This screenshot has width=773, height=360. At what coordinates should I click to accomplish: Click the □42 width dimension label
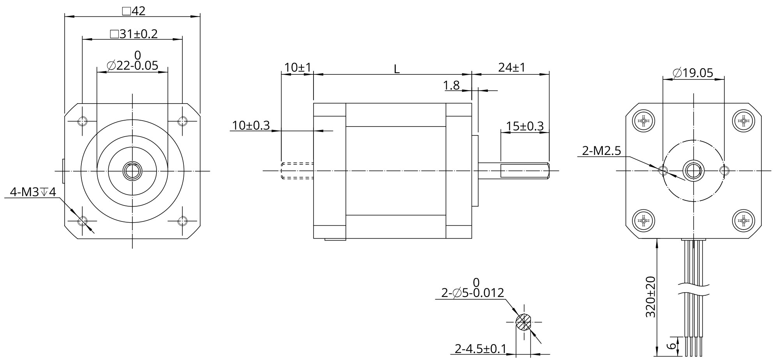tap(134, 11)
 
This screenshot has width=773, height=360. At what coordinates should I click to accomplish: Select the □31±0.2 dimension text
tap(134, 34)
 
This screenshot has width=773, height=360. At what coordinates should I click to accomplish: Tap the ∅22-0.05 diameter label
tap(132, 65)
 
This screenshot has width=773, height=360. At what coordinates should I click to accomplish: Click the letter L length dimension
tap(396, 69)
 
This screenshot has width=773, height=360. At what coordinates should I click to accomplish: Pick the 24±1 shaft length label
tap(512, 68)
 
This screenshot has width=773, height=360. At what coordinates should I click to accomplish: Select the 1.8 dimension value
tap(452, 85)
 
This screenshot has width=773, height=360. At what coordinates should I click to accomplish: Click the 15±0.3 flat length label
tap(525, 126)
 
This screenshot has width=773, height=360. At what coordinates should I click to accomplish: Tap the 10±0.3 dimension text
tap(251, 125)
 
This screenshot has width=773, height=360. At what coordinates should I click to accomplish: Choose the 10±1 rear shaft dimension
tap(298, 68)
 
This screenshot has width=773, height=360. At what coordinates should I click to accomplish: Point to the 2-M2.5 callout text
tap(601, 151)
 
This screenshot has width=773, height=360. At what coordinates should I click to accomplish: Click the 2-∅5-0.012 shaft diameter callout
tap(472, 293)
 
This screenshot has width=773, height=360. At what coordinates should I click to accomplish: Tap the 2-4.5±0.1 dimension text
tap(481, 349)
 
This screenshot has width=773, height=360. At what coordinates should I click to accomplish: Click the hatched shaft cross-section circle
tap(523, 322)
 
